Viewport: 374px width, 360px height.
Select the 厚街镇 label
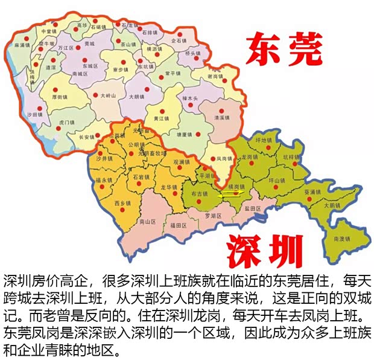tap(60, 97)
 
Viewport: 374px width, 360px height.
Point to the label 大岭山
tap(109, 95)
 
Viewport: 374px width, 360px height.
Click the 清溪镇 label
tap(223, 118)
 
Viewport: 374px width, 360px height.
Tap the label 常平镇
tap(175, 72)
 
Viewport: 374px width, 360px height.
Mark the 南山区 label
tap(147, 222)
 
